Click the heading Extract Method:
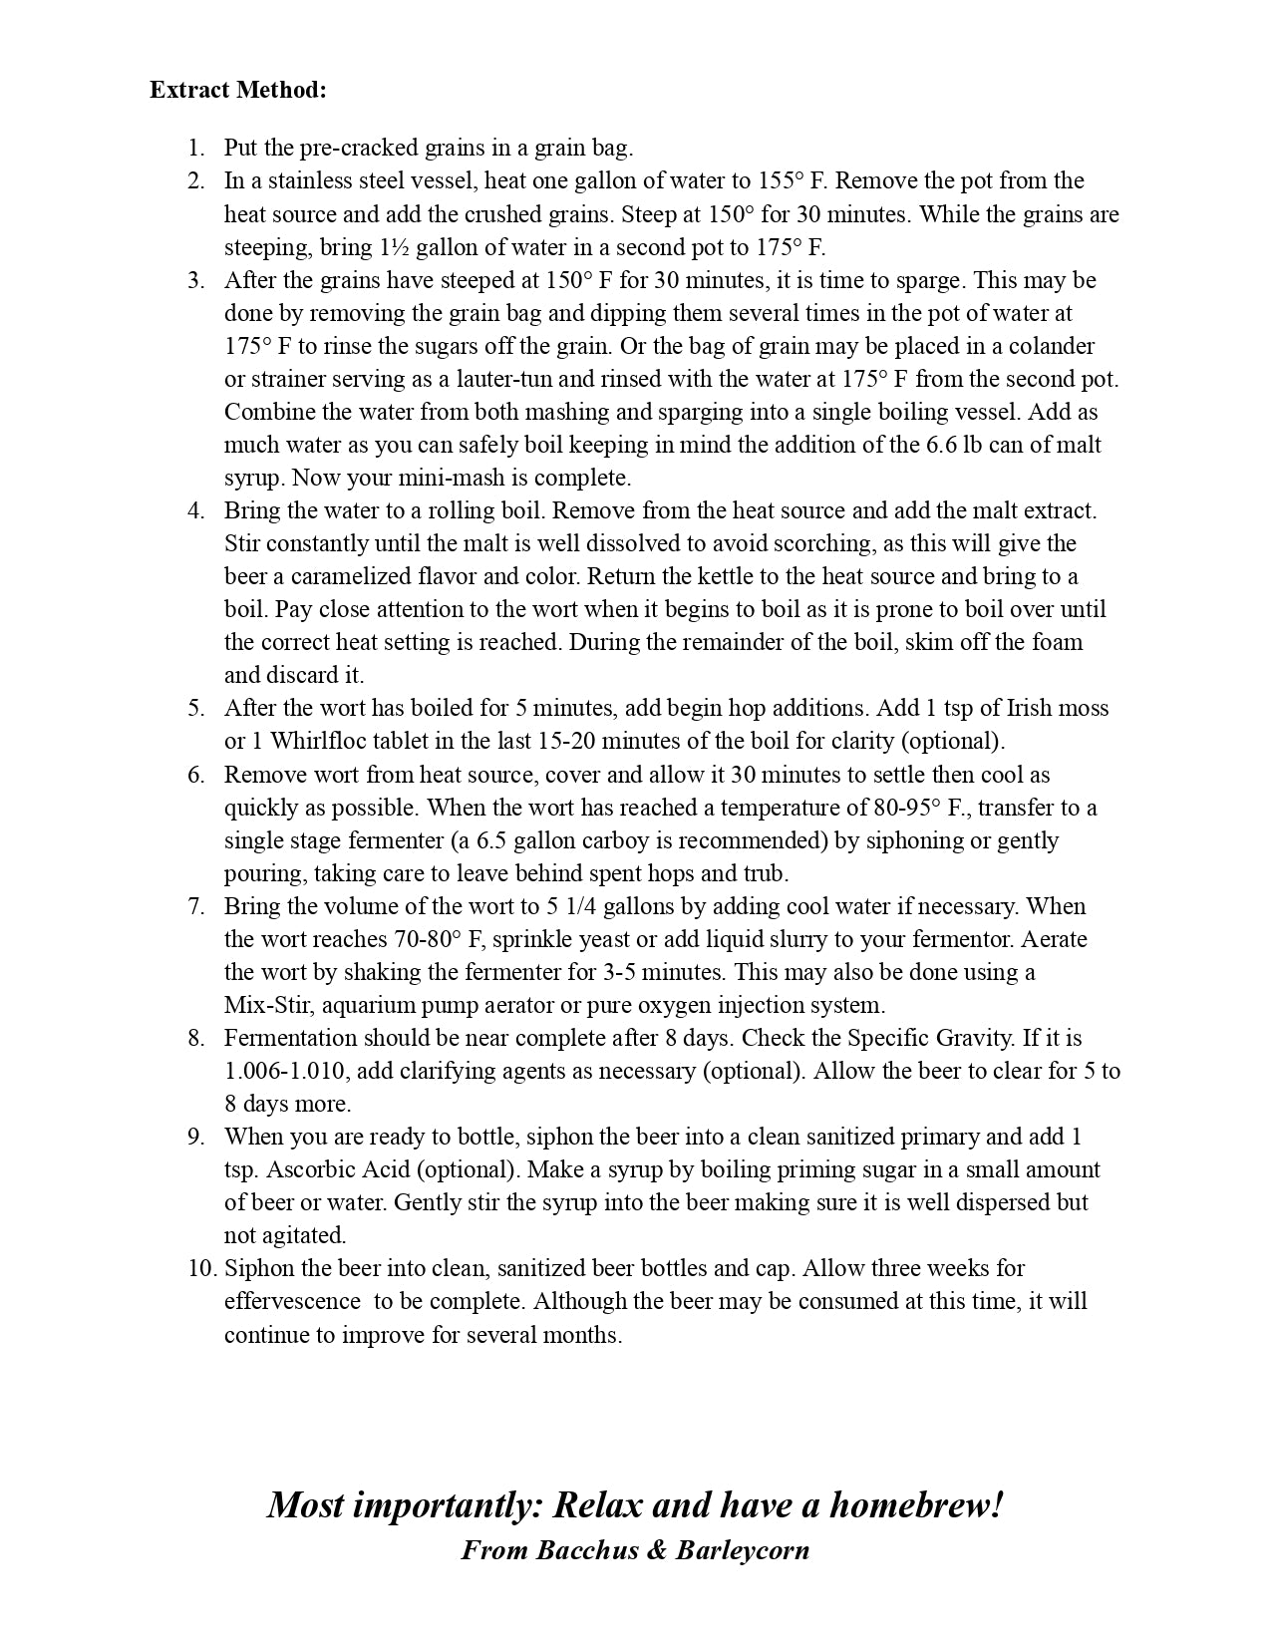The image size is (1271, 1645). tap(238, 90)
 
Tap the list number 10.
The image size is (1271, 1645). tap(200, 1268)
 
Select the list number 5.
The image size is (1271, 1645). tap(195, 709)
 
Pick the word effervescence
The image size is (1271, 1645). tap(292, 1301)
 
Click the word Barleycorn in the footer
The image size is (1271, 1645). tap(742, 1550)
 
